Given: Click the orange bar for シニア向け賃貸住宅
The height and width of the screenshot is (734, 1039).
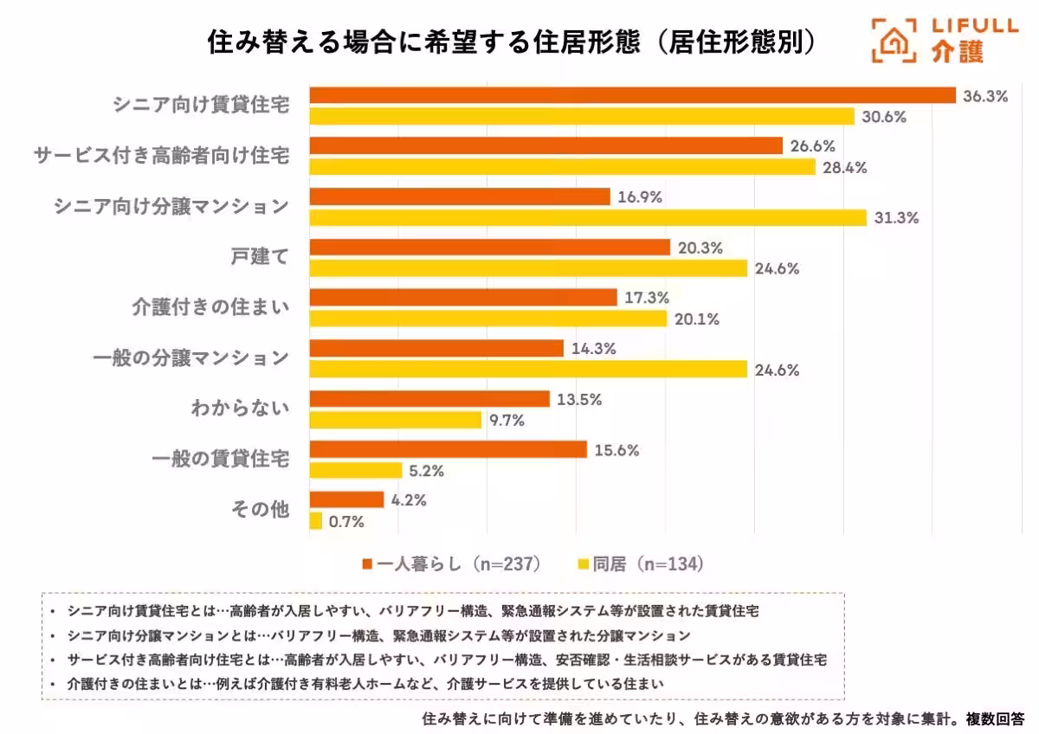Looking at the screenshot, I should [x=632, y=96].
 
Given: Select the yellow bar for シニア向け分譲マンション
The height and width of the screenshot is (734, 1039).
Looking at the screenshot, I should [x=588, y=218].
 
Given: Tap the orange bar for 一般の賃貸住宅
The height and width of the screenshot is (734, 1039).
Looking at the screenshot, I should [x=448, y=450].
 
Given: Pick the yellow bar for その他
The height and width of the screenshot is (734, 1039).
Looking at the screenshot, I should [x=316, y=521].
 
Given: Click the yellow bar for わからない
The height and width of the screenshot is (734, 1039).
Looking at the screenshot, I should [x=395, y=421].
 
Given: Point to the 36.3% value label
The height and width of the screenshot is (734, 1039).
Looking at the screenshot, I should [x=985, y=96].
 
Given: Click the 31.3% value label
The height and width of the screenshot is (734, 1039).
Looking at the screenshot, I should [x=895, y=218].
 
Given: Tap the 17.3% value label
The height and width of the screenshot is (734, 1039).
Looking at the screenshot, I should [x=646, y=298].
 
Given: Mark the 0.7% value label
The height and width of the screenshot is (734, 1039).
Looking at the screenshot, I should [x=346, y=521].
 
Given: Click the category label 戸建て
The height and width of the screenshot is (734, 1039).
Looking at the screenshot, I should [x=260, y=257].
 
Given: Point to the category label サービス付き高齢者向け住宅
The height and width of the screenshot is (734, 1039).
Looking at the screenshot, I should [x=161, y=156].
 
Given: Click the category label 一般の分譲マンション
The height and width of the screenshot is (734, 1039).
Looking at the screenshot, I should [x=190, y=358].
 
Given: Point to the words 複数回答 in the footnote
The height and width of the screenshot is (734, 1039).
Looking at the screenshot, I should [x=995, y=718].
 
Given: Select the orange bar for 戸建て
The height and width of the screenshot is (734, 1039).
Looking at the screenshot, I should [x=489, y=248].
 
